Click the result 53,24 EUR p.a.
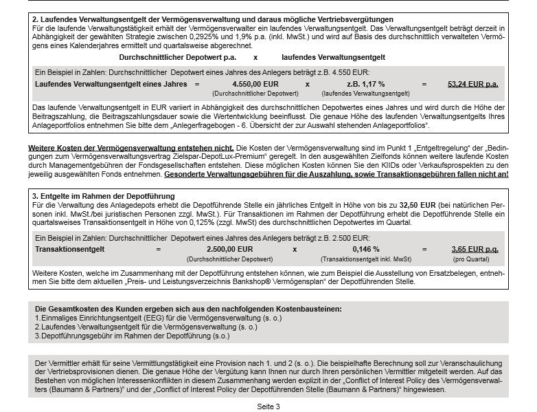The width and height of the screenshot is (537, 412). coord(472,84)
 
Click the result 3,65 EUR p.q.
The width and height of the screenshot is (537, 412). coord(475,249)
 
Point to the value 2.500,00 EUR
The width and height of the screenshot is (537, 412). coord(229,249)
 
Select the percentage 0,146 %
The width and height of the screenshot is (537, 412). coord(365,249)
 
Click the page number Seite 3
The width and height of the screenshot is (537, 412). coord(268,406)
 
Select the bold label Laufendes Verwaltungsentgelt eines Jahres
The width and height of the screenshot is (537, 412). coord(111,84)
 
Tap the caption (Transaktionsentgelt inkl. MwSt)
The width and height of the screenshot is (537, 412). coord(365,259)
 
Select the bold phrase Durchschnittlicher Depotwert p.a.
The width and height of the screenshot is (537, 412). coord(177,57)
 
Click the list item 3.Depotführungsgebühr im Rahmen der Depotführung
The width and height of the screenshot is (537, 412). coord(132,336)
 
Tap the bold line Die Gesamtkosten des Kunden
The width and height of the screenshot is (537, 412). coord(187,310)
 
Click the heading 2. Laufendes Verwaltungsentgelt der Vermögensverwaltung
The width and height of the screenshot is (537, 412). coord(213,19)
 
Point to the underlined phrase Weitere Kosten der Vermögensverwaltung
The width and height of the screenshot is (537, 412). coord(130,148)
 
